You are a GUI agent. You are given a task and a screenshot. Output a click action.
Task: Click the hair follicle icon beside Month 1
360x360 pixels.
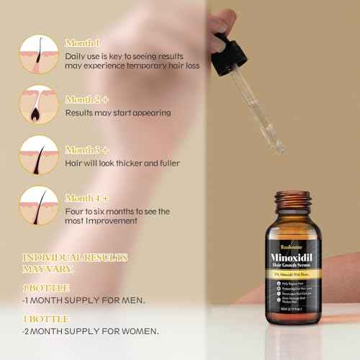[40, 53]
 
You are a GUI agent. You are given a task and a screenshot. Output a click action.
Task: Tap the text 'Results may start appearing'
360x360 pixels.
[118, 113]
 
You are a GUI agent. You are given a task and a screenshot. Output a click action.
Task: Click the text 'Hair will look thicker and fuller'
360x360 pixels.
[122, 163]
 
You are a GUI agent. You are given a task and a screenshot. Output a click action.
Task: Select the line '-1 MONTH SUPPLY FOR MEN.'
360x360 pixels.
[84, 300]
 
